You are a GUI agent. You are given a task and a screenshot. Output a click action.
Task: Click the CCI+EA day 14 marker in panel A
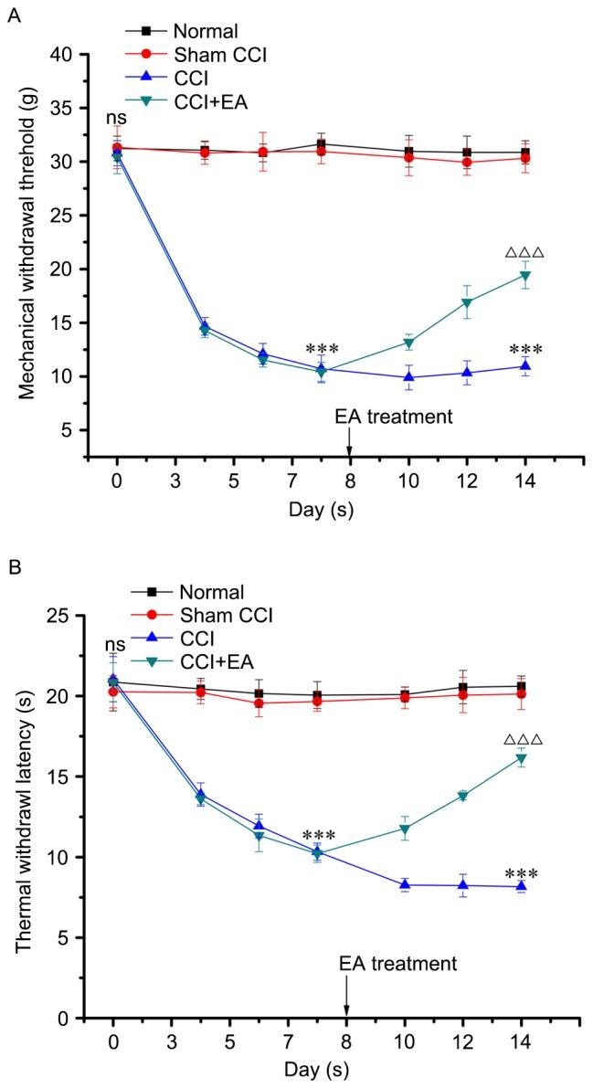(x=524, y=276)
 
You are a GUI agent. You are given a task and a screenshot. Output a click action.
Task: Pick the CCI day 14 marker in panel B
(x=521, y=886)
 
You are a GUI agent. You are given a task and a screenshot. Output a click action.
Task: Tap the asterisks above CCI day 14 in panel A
(x=524, y=350)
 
